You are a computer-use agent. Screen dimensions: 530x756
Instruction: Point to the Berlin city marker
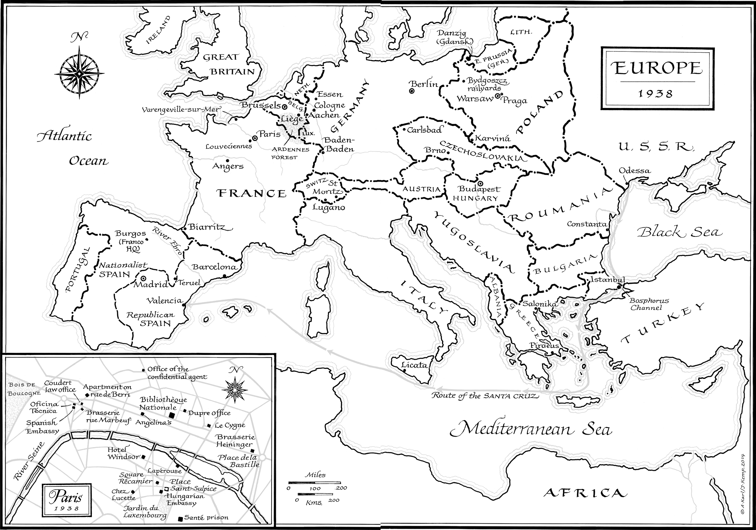(x=412, y=91)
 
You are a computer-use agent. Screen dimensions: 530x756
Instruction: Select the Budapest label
(x=479, y=189)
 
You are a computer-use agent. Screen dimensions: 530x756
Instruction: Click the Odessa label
(x=634, y=171)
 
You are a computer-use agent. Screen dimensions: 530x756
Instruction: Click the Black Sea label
(x=679, y=232)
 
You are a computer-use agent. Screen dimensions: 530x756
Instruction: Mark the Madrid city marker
(x=144, y=278)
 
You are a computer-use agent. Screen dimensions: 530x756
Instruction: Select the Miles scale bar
(x=314, y=483)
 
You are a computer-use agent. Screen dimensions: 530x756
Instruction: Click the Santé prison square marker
(x=180, y=519)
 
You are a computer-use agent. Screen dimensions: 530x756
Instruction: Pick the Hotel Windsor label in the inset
(x=123, y=453)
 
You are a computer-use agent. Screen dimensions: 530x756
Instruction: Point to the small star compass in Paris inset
(x=234, y=389)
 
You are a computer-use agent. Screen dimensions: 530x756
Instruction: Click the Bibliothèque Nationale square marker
(x=171, y=415)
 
